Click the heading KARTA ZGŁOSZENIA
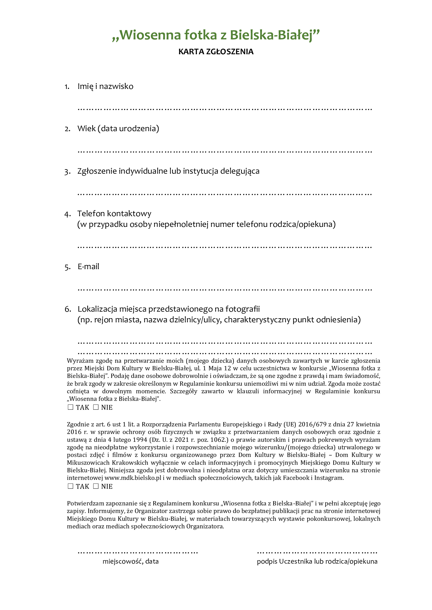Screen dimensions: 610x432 (x=216, y=52)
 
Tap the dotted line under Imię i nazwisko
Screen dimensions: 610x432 (x=225, y=109)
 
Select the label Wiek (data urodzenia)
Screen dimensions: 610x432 (x=118, y=129)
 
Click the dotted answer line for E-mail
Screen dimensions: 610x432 (x=225, y=289)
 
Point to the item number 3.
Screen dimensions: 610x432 (x=67, y=172)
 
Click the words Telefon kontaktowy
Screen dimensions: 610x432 (x=114, y=214)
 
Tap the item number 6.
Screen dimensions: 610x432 (x=68, y=309)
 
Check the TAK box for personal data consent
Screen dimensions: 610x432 (x=71, y=407)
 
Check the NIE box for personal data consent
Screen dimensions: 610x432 (x=96, y=407)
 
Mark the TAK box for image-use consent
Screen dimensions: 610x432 (x=71, y=486)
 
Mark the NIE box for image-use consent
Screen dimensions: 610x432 (x=96, y=486)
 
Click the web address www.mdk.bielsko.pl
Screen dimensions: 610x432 (x=133, y=478)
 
